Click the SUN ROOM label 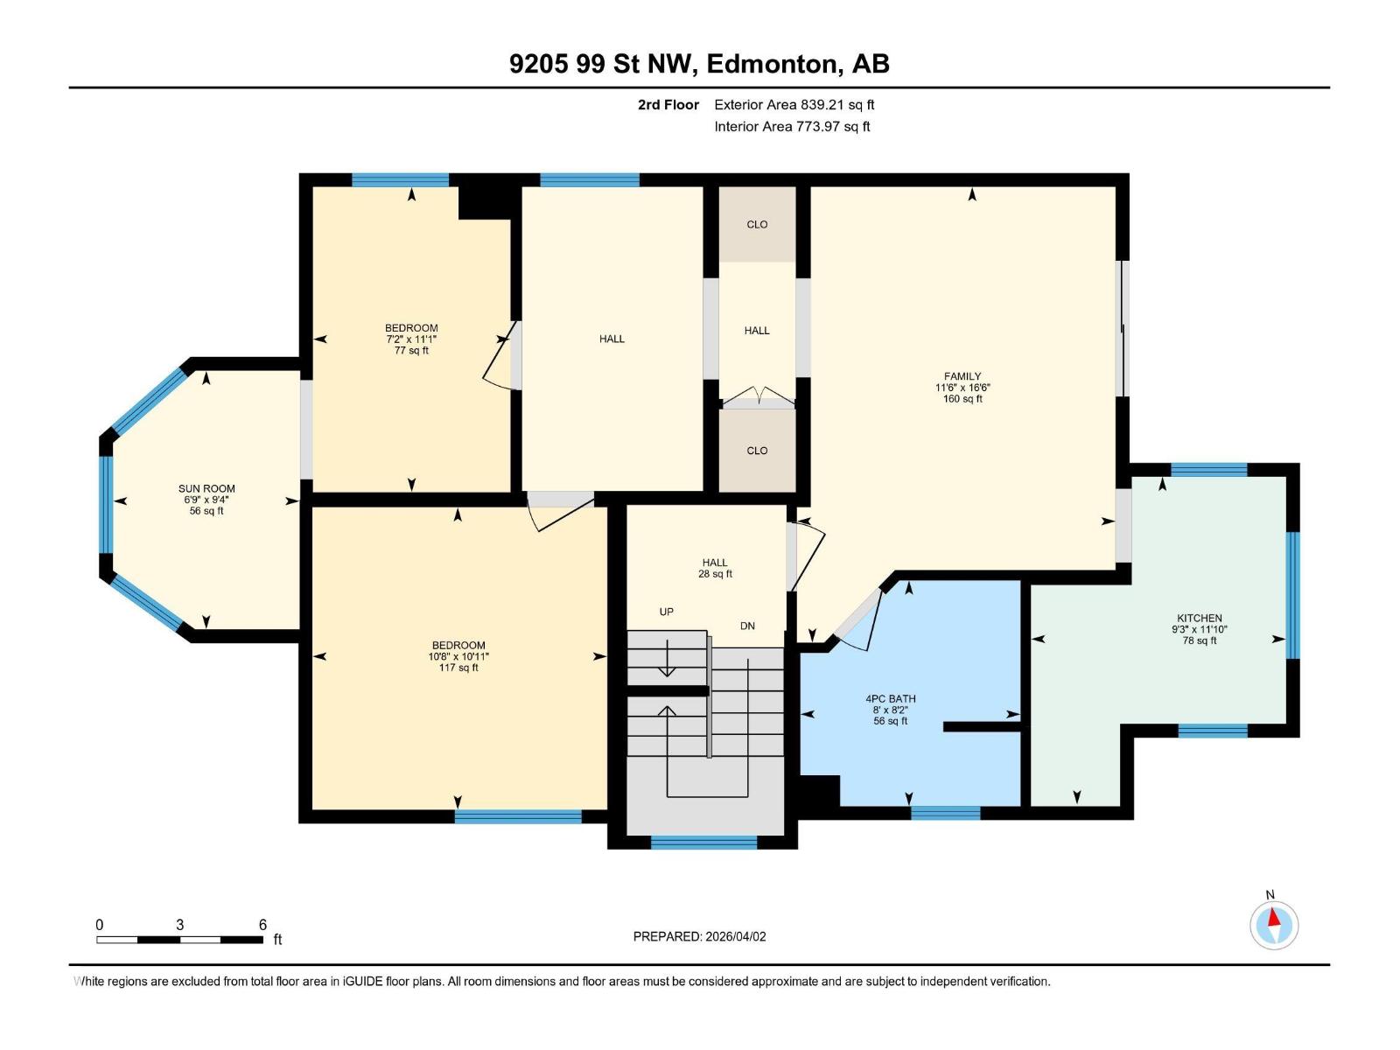click(206, 499)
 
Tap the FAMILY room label click(962, 387)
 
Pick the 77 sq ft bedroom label click(411, 339)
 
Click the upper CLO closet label click(757, 225)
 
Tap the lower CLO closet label click(757, 451)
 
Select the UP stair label click(667, 612)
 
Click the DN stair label click(747, 626)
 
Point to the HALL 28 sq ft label click(715, 568)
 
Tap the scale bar click(179, 940)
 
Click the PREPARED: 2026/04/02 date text click(699, 936)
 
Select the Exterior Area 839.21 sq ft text click(794, 105)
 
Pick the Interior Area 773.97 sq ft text click(792, 127)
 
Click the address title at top click(699, 64)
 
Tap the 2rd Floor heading click(668, 105)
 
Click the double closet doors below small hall click(758, 398)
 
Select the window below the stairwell click(703, 843)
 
